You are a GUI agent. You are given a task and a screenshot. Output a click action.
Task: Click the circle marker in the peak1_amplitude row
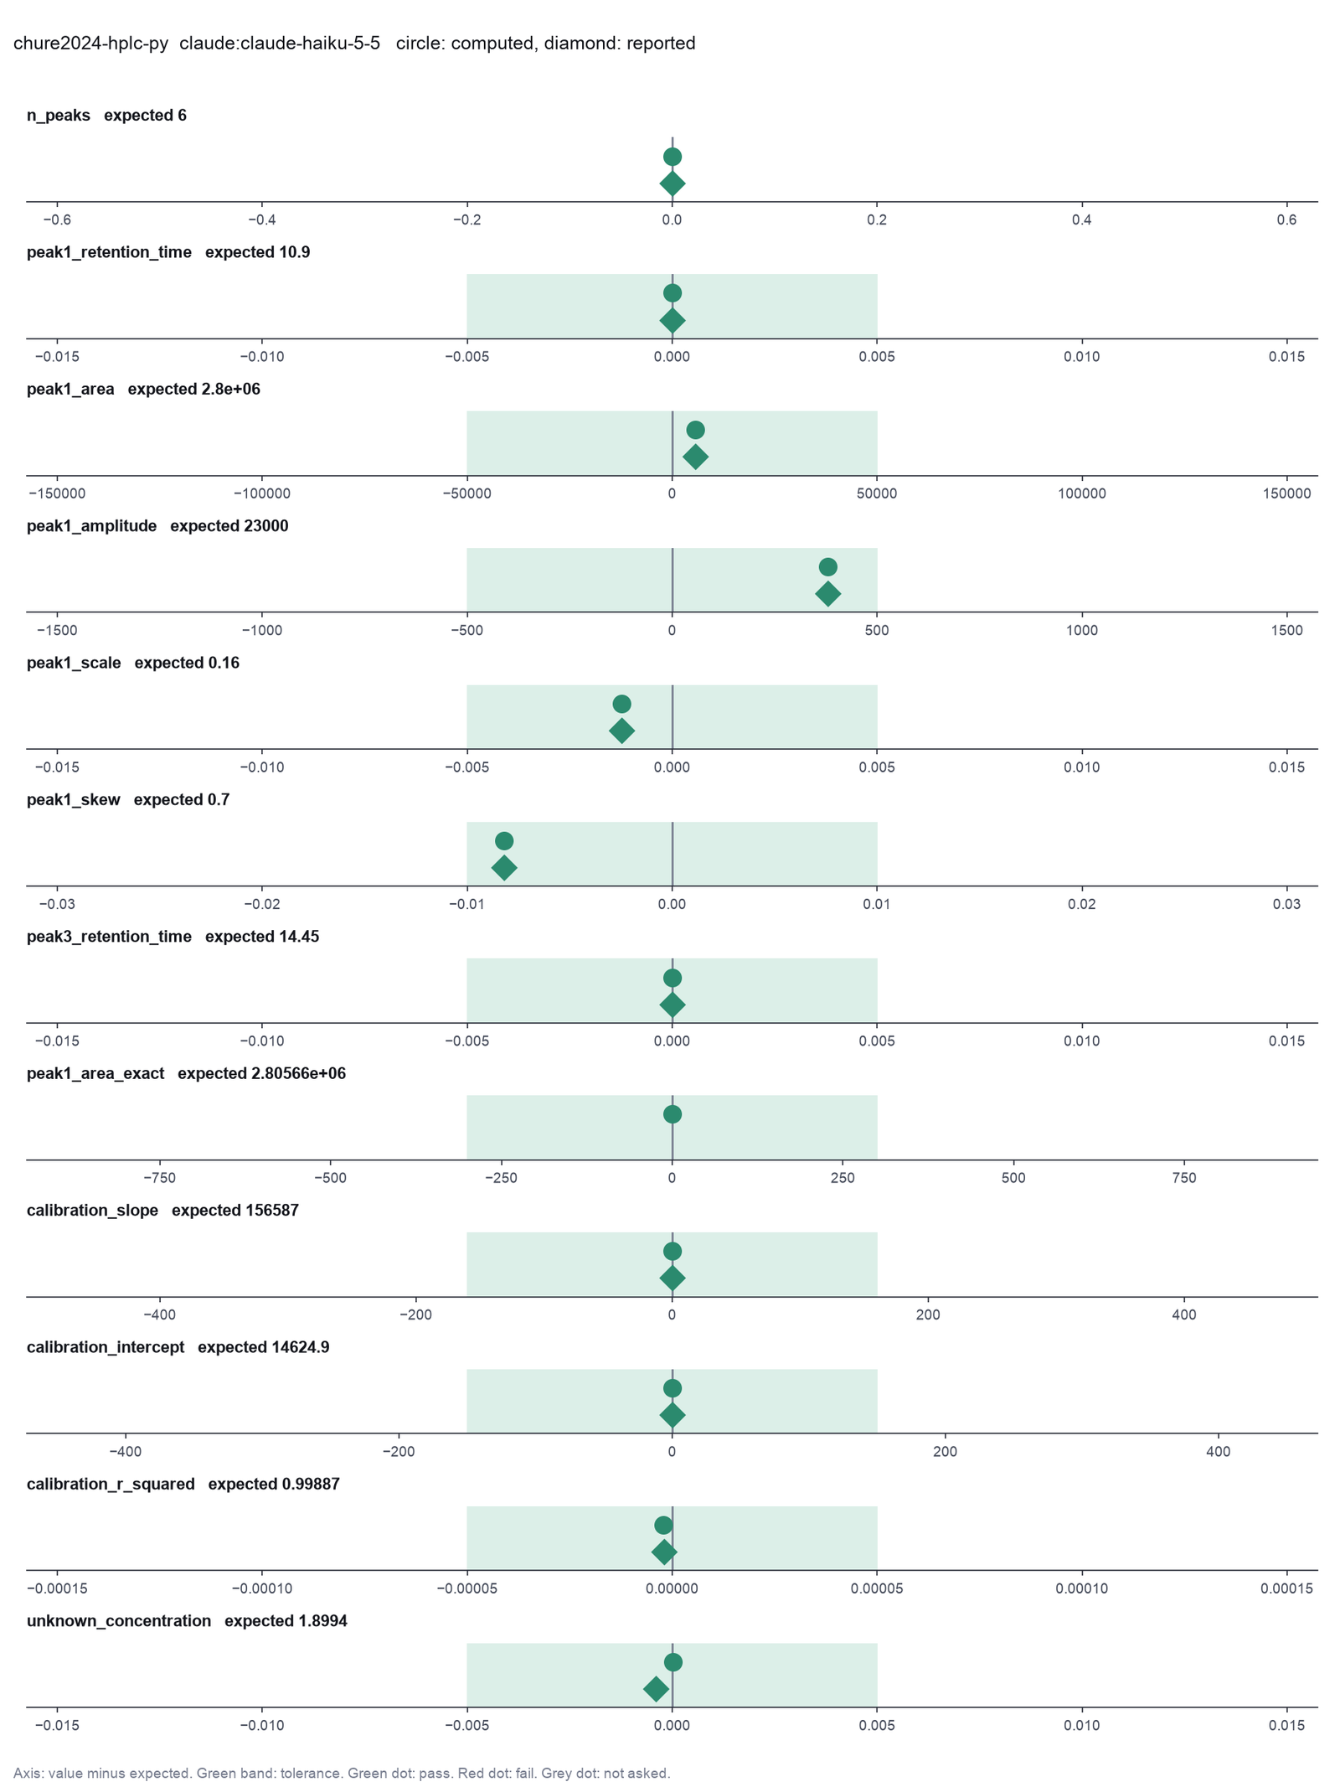click(x=827, y=567)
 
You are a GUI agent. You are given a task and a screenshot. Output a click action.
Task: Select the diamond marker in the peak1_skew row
click(x=504, y=867)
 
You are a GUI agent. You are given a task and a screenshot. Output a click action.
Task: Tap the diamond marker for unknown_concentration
click(x=656, y=1688)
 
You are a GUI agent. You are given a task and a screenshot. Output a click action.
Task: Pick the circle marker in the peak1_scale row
click(x=621, y=704)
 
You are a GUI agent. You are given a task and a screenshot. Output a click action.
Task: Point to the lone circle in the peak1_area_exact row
click(x=672, y=1114)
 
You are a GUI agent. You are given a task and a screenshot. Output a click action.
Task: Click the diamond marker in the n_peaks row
click(x=672, y=183)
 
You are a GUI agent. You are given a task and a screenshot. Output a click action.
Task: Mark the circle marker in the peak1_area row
click(x=695, y=430)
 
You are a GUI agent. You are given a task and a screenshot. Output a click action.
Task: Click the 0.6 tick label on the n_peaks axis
click(x=1286, y=220)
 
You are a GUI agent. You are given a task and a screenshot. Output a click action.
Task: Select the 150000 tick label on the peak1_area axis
click(x=1286, y=493)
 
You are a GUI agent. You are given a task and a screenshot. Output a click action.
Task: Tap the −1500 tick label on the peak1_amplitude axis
click(x=56, y=630)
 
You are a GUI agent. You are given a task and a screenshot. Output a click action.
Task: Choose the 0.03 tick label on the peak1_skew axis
click(x=1286, y=904)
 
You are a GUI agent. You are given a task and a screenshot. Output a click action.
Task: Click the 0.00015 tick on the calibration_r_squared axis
click(x=1286, y=1588)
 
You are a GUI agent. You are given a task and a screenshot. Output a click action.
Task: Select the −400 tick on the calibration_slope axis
click(x=159, y=1314)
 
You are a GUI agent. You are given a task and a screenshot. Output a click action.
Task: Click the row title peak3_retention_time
click(x=109, y=937)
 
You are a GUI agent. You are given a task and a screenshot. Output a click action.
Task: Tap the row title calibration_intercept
click(x=106, y=1347)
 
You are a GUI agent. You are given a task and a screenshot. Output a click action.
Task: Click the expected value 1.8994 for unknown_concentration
click(x=322, y=1620)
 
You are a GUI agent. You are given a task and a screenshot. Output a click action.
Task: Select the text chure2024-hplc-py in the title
click(x=91, y=43)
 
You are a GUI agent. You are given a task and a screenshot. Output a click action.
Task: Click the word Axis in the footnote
click(x=27, y=1773)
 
